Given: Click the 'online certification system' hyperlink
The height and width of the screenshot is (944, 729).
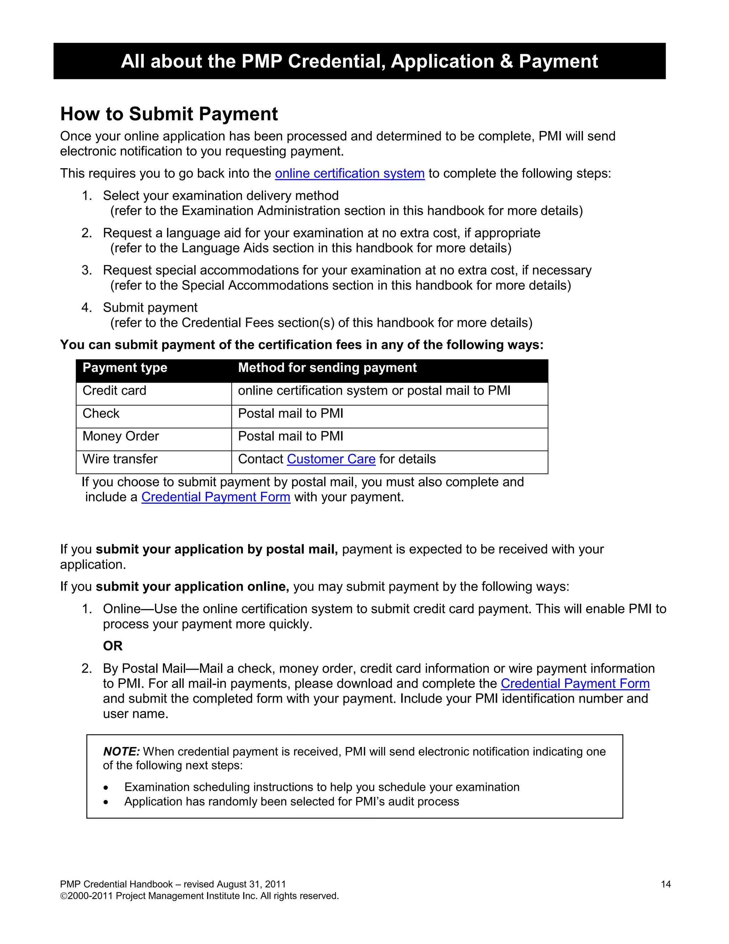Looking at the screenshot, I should coord(350,173).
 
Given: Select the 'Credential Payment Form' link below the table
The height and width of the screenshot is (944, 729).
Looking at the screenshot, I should coord(215,497).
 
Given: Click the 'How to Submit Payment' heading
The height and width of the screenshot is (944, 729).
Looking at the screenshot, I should coord(169,114).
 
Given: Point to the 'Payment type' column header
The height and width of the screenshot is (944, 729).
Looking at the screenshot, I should coord(125,368).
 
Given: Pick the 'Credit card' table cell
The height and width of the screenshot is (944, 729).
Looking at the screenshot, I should coord(115,391).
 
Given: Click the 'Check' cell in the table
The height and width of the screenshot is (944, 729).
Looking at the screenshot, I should coord(101,414).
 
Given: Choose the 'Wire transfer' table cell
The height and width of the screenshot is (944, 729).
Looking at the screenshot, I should coord(120,459).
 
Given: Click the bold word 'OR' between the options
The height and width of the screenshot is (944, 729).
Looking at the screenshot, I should coord(113,646).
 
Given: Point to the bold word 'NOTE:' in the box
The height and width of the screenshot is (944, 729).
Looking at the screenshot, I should coord(121,752).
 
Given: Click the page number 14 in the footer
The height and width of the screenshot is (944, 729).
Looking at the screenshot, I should coord(666,885).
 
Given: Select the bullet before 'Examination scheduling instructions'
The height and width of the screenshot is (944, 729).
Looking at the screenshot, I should coord(106,788).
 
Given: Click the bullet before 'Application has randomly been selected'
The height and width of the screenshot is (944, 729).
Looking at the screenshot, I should coord(106,803).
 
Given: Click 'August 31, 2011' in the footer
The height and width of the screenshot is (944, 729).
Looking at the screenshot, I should coord(251,885).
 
